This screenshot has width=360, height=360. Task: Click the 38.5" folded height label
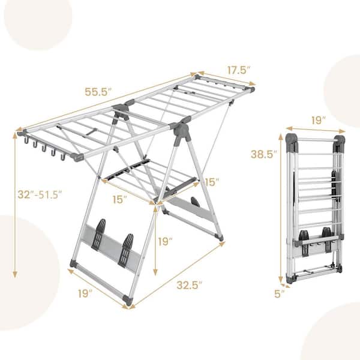tap(264, 154)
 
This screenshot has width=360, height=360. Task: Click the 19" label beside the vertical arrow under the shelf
tap(164, 242)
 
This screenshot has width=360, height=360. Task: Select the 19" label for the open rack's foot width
tap(85, 293)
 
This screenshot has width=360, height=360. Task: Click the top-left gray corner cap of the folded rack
tap(292, 143)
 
